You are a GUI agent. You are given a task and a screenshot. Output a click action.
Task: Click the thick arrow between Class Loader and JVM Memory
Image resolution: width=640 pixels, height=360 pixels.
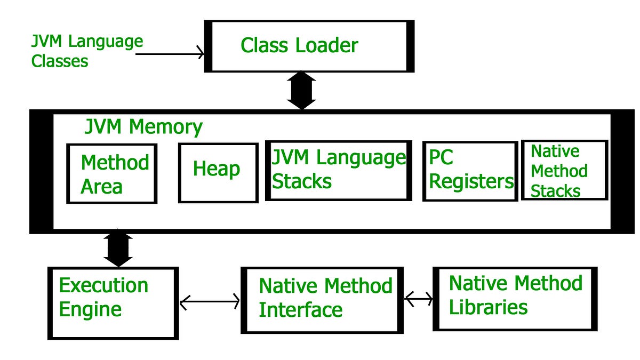coord(302,91)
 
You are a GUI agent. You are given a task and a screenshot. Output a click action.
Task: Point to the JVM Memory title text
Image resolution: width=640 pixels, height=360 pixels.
coord(143,127)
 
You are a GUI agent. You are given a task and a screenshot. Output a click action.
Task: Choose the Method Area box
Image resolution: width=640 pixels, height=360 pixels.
coord(112,174)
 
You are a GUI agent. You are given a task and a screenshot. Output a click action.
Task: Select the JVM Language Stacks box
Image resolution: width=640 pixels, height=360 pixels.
coord(338,170)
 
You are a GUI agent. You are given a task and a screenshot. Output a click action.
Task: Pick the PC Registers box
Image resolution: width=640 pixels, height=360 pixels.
coord(470,171)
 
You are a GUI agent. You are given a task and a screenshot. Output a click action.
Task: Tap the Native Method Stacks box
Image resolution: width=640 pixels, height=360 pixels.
coord(564,171)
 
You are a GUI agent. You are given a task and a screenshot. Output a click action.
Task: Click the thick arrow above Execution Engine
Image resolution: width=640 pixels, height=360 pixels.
coord(118,248)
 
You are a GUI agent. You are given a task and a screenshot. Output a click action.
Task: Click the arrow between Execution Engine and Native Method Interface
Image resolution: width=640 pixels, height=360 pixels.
coord(210,302)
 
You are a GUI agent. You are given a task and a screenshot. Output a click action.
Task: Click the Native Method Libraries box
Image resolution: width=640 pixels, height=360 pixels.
coord(514,298)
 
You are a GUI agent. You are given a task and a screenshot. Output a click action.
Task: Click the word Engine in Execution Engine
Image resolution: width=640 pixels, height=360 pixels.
coord(90,309)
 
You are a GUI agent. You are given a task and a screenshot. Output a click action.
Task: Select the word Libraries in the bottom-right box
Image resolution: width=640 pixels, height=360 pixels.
coord(488,307)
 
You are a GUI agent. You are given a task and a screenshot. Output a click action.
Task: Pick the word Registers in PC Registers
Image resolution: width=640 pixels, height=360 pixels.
coord(471,181)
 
